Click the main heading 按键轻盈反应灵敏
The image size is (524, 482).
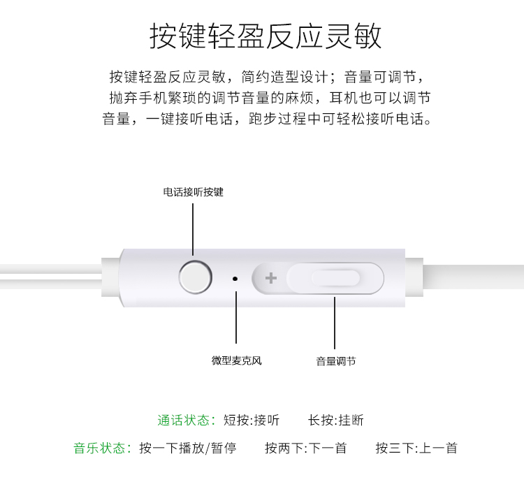click(x=265, y=36)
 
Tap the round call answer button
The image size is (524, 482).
click(x=196, y=277)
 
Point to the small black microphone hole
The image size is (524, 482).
click(x=235, y=278)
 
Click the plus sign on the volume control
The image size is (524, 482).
click(x=270, y=278)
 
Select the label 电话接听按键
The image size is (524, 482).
click(x=193, y=192)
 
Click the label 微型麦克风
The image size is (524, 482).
click(x=237, y=360)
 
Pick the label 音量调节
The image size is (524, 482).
click(x=336, y=361)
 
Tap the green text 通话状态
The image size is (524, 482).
click(x=184, y=421)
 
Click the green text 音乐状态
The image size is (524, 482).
click(x=100, y=448)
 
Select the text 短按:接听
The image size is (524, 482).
click(x=252, y=421)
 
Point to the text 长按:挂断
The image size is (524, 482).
click(x=336, y=421)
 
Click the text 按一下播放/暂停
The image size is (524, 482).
click(x=188, y=448)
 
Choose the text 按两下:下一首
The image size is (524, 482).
click(x=306, y=448)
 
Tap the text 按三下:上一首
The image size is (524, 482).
click(x=416, y=448)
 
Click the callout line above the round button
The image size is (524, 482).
click(x=193, y=230)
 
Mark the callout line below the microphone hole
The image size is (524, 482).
click(x=236, y=317)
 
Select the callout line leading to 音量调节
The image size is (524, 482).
click(x=335, y=323)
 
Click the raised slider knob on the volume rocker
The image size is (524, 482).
click(x=335, y=278)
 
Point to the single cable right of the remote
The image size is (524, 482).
click(x=474, y=277)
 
